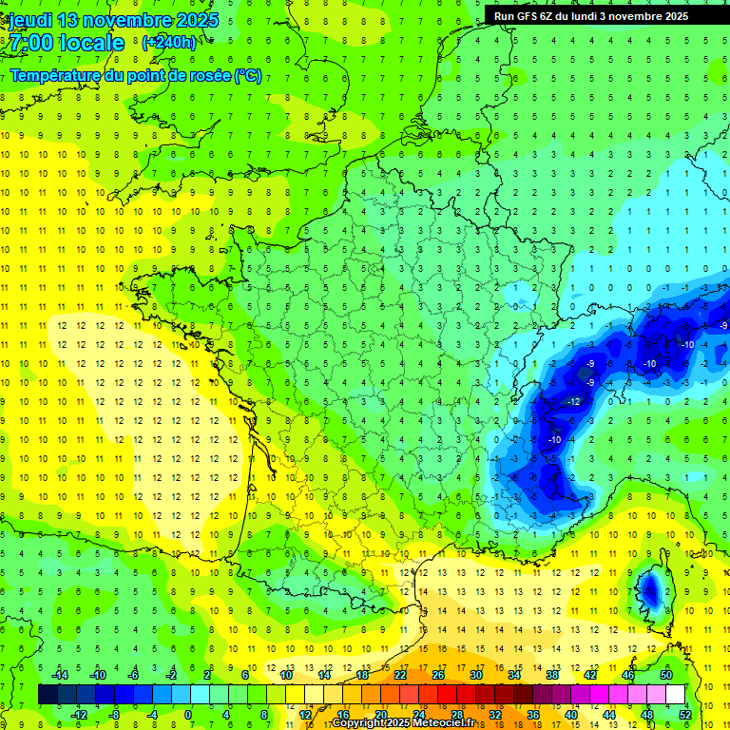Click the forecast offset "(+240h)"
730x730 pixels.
(169, 43)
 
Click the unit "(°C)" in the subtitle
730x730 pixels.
(247, 75)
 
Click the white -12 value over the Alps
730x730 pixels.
(573, 403)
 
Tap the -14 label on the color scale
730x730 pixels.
(60, 675)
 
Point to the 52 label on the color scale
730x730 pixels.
(684, 715)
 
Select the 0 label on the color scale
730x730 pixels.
(188, 715)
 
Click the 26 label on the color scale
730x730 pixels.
(438, 675)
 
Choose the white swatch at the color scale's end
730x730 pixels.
(675, 695)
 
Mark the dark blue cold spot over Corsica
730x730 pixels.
(650, 589)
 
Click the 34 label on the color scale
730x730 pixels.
(513, 675)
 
